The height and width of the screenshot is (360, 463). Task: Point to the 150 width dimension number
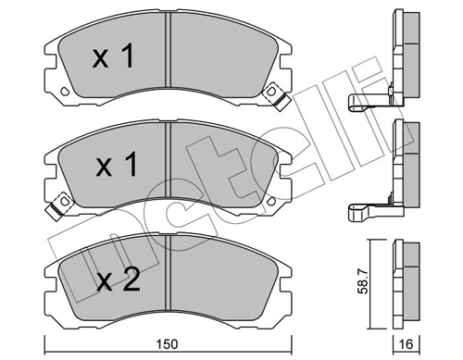coord(167,345)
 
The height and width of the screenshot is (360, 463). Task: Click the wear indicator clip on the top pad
coord(273,94)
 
